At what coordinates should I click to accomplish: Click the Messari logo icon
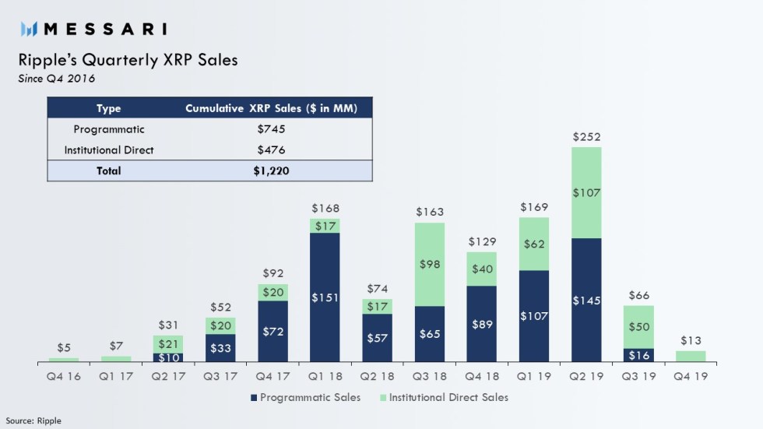click(x=30, y=30)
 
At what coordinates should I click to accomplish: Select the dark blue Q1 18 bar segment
click(x=325, y=297)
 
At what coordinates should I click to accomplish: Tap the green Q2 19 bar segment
click(x=586, y=192)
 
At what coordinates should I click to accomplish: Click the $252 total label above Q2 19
click(x=586, y=137)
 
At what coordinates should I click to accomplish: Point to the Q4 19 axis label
click(x=690, y=375)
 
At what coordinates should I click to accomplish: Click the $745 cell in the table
click(x=271, y=129)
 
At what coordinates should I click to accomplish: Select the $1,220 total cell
click(x=271, y=171)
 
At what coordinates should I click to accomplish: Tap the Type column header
click(x=108, y=108)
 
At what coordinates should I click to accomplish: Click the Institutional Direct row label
click(x=108, y=149)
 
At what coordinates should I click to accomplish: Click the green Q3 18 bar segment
click(x=429, y=264)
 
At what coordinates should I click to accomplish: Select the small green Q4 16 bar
click(x=64, y=360)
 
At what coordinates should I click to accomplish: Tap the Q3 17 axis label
click(x=220, y=375)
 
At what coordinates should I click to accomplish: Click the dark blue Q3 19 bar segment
click(x=638, y=355)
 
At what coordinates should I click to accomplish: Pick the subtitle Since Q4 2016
click(x=57, y=77)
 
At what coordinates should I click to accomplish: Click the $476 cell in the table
click(x=271, y=149)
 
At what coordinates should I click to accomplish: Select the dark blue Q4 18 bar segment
click(x=481, y=324)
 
